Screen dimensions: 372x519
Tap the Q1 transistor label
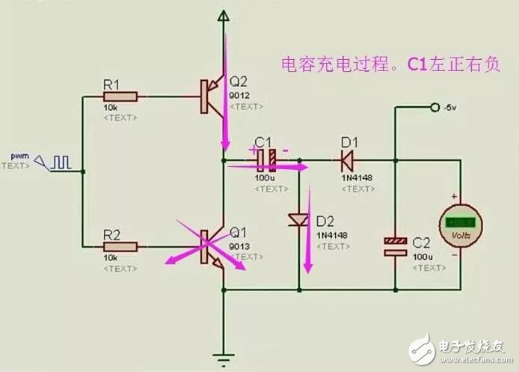(x=238, y=231)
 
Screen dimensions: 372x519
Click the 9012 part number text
(x=240, y=95)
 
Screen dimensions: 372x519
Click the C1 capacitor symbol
(x=267, y=159)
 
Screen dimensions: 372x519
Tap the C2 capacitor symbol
(x=394, y=246)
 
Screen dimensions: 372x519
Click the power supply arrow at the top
(x=222, y=15)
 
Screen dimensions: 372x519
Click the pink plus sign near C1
(x=253, y=150)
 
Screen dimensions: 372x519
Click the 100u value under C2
(x=422, y=256)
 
